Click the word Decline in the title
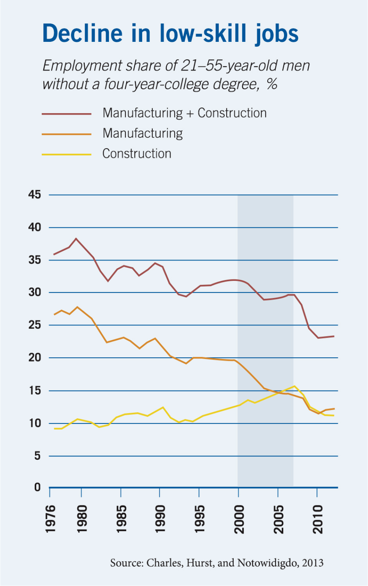tap(82, 34)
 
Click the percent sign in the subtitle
tap(272, 84)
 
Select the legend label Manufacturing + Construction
tap(184, 113)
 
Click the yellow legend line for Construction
tap(66, 154)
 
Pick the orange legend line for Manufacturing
tap(66, 134)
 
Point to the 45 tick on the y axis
tap(34, 195)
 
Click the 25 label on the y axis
tap(34, 325)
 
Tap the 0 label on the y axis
tap(37, 487)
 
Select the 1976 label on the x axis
tap(50, 519)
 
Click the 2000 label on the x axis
tap(239, 519)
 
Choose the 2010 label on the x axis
tap(318, 519)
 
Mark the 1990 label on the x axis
tap(160, 519)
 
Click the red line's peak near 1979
tap(76, 238)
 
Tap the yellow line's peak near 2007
tap(294, 386)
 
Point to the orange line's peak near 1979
tap(77, 307)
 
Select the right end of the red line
tap(334, 336)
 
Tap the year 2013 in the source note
tap(313, 563)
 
